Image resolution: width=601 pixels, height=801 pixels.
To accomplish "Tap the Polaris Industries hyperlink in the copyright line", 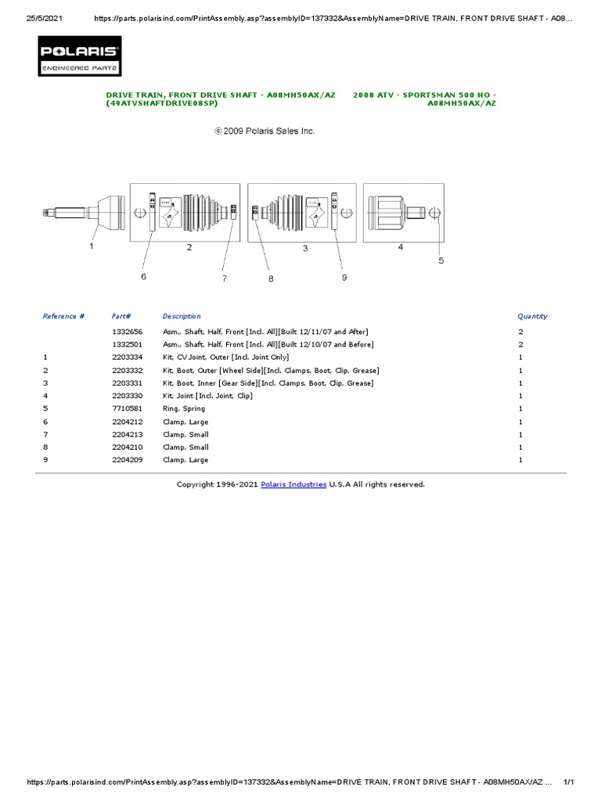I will [294, 484].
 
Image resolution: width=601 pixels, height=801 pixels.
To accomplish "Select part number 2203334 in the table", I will [126, 357].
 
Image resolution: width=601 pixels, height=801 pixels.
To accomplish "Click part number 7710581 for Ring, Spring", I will [126, 408].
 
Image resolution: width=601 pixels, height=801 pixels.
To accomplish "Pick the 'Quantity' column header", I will [532, 316].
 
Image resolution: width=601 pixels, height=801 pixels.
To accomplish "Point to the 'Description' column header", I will [182, 316].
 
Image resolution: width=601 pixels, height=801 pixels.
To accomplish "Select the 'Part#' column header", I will [121, 316].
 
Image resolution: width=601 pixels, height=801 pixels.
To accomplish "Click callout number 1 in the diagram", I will [92, 246].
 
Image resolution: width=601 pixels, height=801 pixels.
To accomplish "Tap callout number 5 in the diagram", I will [441, 260].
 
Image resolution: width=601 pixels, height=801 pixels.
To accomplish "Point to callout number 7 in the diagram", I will [224, 278].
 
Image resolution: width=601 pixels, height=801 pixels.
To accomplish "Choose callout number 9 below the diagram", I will [344, 277].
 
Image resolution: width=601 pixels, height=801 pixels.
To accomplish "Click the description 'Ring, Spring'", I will [184, 408].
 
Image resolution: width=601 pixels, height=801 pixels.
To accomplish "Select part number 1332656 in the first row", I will [126, 332].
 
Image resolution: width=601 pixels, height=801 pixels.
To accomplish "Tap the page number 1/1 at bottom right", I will [569, 782].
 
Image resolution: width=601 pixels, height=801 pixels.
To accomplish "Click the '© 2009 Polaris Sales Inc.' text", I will [265, 131].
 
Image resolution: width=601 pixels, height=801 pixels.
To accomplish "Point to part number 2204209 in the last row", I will [126, 460].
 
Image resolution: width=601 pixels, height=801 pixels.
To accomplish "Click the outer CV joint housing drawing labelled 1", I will [110, 212].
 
